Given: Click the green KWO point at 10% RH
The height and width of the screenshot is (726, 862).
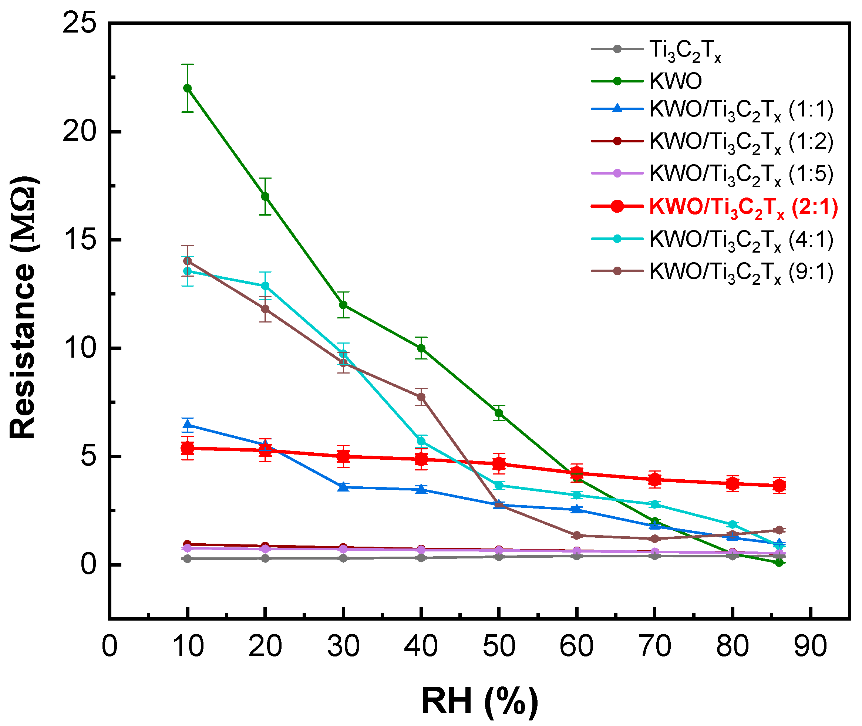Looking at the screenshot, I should tap(187, 88).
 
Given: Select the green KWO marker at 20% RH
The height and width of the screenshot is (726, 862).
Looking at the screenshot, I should tap(265, 196).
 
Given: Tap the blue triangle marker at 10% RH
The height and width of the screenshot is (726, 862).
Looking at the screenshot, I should tap(187, 425).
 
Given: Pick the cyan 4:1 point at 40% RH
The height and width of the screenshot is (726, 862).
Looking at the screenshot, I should tap(421, 441).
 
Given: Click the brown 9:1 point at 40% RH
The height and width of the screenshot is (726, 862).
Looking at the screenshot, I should tap(421, 397).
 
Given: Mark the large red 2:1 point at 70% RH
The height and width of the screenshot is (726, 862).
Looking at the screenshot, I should tap(655, 479).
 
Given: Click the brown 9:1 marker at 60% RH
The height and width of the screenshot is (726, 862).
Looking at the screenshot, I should tap(577, 536).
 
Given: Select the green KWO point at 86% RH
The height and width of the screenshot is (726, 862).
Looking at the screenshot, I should tap(779, 563).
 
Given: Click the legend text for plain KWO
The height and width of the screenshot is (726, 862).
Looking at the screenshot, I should tap(676, 81).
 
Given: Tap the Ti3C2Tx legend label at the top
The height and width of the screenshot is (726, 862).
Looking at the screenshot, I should tap(685, 51).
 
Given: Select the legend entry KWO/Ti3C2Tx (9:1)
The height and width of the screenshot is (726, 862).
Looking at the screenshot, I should tap(741, 273).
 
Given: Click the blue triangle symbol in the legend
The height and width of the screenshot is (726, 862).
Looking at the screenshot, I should tap(617, 109).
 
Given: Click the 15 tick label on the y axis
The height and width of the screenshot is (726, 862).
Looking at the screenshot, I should tap(79, 240).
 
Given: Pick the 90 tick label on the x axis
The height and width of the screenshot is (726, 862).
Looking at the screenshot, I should tap(810, 646).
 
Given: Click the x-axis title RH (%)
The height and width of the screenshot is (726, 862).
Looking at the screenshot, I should tap(479, 701).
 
